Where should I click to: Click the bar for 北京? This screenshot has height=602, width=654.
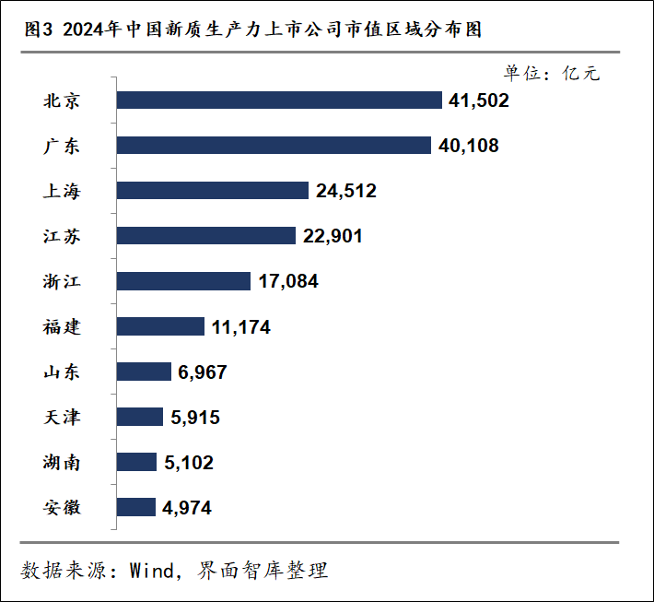[279, 100]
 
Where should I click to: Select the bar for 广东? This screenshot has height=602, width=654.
[274, 146]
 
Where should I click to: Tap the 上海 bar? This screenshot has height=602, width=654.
[212, 190]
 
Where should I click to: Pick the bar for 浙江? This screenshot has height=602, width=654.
[183, 281]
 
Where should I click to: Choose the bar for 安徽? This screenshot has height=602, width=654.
[136, 507]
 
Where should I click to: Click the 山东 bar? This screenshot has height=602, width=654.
[144, 372]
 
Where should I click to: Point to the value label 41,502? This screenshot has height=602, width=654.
[479, 101]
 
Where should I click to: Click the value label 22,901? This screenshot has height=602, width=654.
[333, 236]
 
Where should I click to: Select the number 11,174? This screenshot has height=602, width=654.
[241, 327]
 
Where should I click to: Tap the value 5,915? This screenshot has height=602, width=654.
[195, 418]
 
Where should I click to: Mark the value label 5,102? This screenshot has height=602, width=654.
[189, 463]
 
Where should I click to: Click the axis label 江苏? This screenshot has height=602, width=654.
[62, 236]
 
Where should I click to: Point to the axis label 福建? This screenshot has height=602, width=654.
[62, 327]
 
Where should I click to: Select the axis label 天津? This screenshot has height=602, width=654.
[62, 417]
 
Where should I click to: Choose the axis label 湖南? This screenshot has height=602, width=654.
[62, 463]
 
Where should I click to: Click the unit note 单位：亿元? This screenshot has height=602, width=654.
[552, 74]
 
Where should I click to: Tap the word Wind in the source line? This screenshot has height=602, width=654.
[151, 571]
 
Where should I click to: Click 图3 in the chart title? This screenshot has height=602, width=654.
[39, 30]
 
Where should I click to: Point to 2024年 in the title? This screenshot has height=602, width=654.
[92, 30]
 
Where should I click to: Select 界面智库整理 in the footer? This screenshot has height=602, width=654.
[263, 571]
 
